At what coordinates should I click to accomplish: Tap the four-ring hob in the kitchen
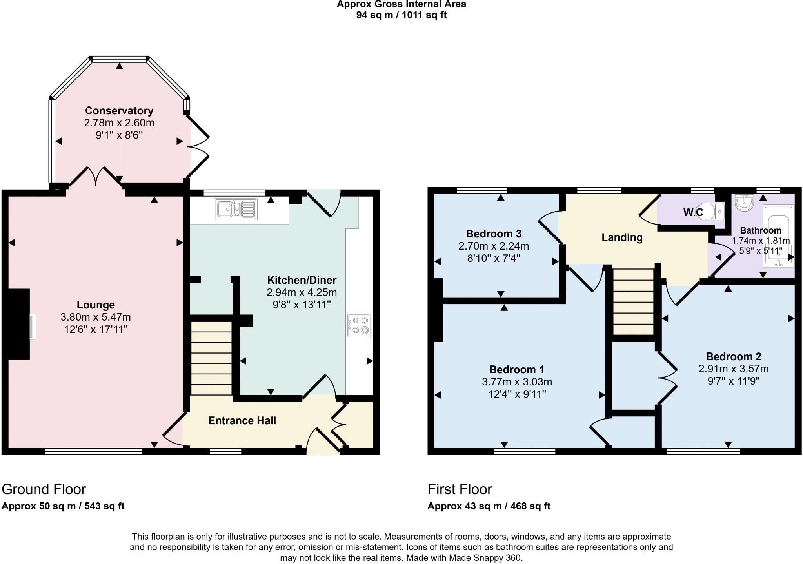click(359, 325)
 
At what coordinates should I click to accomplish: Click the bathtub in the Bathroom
click(778, 235)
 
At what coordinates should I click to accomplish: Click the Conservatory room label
click(119, 110)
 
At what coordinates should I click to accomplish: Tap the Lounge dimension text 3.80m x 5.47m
click(96, 317)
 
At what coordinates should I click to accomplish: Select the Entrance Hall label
click(242, 421)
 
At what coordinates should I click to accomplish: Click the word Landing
click(622, 237)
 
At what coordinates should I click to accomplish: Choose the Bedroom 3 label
click(493, 234)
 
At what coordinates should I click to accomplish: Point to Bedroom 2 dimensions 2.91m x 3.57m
click(733, 369)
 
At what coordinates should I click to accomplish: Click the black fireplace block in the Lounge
click(18, 324)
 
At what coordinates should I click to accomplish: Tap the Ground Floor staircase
click(211, 358)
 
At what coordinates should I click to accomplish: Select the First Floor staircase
click(633, 301)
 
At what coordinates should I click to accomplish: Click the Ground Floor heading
click(44, 489)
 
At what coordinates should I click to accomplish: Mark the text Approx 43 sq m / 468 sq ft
click(489, 506)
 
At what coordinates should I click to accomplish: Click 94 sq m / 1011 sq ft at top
click(401, 15)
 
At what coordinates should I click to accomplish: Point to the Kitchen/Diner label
click(302, 280)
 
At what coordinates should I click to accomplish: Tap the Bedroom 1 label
click(516, 370)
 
